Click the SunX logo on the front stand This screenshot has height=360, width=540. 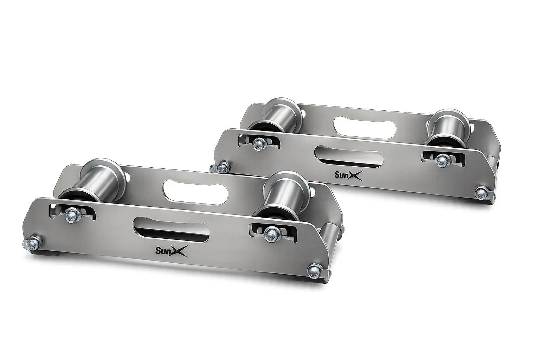pyautogui.click(x=172, y=250)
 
